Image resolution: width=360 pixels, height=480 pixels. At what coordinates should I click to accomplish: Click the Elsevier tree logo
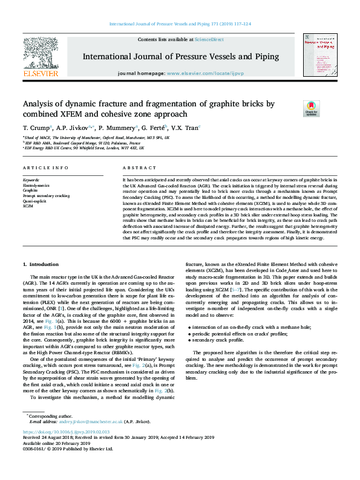pyautogui.click(x=41, y=57)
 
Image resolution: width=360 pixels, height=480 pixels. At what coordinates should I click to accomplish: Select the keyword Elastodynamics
pyautogui.click(x=36, y=185)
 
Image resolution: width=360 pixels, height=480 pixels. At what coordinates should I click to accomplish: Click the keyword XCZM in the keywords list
pyautogui.click(x=28, y=206)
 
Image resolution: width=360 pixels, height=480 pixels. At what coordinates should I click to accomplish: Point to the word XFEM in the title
pyautogui.click(x=82, y=114)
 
